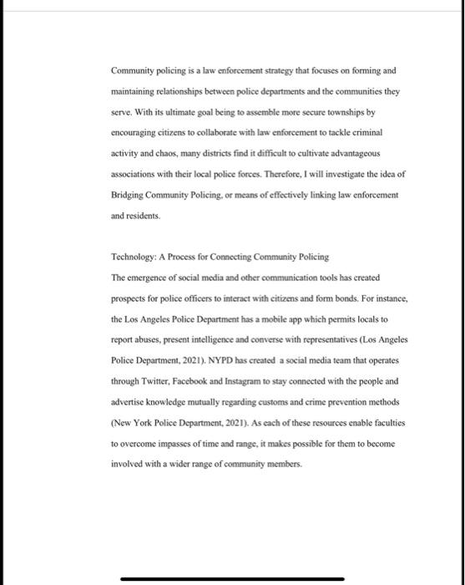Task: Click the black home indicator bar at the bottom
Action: tap(232, 577)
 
